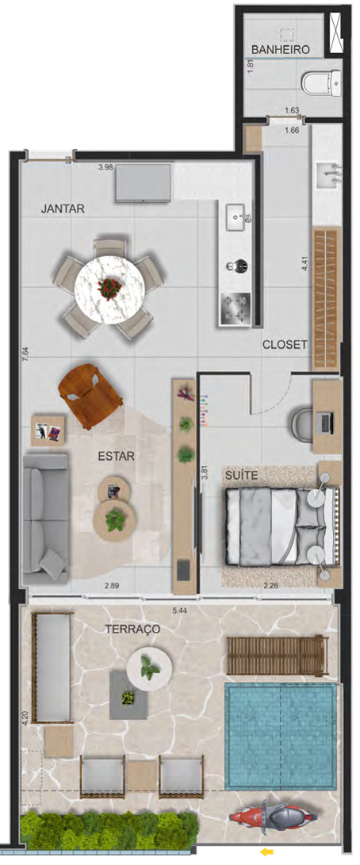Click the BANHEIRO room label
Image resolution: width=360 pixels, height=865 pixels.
pyautogui.click(x=279, y=50)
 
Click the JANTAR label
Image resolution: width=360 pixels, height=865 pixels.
pyautogui.click(x=63, y=209)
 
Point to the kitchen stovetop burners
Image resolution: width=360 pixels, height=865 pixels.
pyautogui.click(x=236, y=309)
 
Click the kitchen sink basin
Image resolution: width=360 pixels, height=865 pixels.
pyautogui.click(x=239, y=216)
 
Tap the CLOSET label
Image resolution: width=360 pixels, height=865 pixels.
pyautogui.click(x=285, y=346)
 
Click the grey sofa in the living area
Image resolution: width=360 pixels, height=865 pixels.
pyautogui.click(x=45, y=519)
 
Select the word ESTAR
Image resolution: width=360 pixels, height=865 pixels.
pyautogui.click(x=116, y=456)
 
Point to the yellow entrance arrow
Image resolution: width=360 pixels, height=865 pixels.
pyautogui.click(x=266, y=852)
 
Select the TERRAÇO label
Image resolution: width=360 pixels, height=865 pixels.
pyautogui.click(x=132, y=629)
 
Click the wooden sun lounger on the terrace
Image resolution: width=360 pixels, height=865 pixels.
pyautogui.click(x=278, y=656)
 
